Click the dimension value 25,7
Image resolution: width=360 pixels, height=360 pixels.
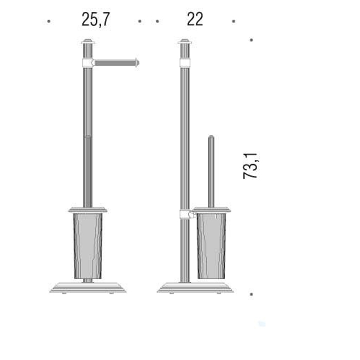click(96, 20)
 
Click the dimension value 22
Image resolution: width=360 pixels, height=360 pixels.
click(195, 20)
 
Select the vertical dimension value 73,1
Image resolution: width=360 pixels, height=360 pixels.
click(251, 166)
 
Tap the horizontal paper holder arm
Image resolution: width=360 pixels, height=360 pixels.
click(116, 62)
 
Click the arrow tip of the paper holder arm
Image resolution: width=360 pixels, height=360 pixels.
click(139, 62)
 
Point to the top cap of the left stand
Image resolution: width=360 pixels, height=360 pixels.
click(88, 41)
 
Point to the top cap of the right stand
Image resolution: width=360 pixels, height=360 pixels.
click(185, 41)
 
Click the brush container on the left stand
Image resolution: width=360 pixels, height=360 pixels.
click(88, 246)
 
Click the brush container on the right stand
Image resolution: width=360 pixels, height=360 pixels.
click(211, 246)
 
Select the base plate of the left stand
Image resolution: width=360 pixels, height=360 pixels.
click(88, 288)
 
